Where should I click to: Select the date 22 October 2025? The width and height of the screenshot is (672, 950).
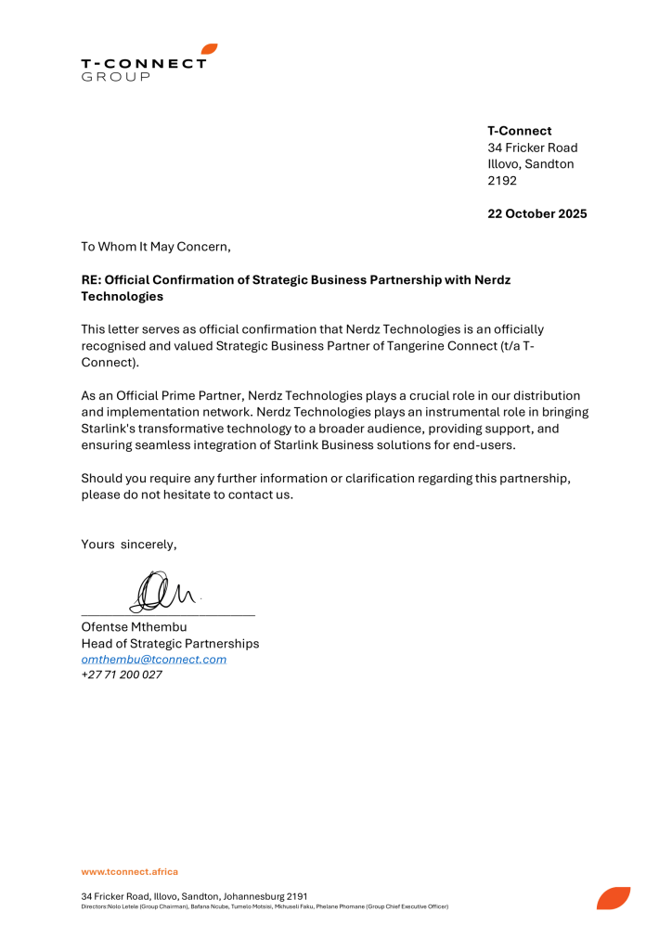(537, 214)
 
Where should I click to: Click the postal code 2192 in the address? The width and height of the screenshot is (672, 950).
(502, 181)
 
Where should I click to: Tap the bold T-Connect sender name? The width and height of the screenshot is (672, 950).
(520, 131)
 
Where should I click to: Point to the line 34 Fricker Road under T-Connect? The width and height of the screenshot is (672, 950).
(533, 148)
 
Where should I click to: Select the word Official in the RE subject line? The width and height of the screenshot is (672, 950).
(131, 280)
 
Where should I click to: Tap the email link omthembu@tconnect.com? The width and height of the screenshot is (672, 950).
(154, 660)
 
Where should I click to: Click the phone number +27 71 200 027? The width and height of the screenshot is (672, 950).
(122, 675)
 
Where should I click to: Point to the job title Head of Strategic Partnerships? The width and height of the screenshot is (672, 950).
(170, 644)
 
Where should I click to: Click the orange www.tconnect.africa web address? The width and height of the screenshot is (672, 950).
(129, 872)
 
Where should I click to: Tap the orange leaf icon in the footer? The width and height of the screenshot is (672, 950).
(613, 898)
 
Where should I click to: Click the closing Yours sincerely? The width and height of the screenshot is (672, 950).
(128, 545)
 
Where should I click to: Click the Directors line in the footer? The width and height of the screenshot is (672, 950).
(265, 906)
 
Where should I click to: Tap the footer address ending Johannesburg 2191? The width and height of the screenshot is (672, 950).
(194, 897)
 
